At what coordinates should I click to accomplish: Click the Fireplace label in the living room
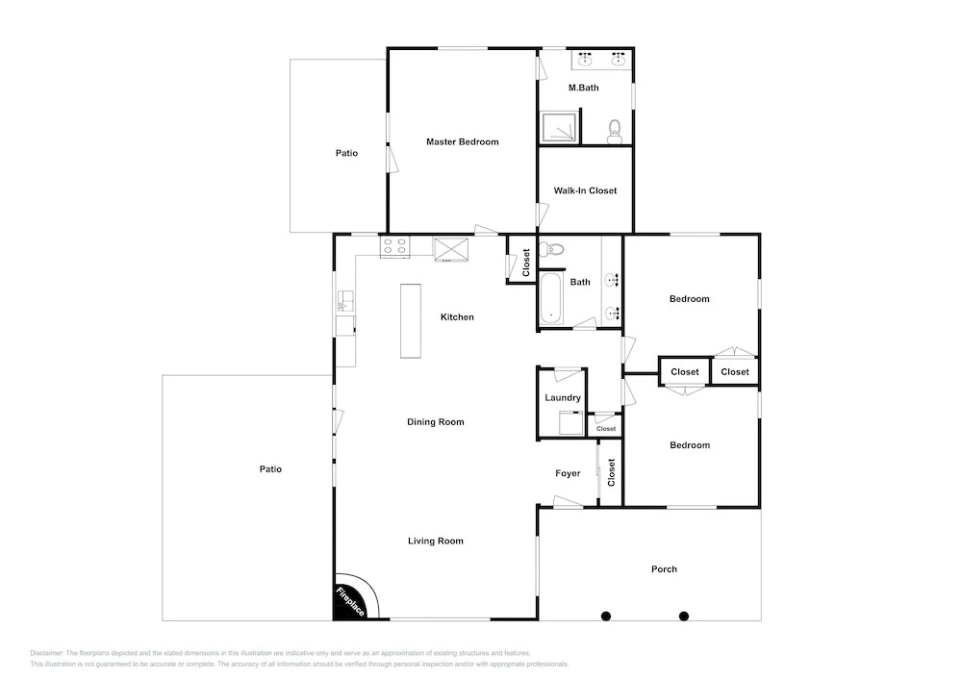point(350,601)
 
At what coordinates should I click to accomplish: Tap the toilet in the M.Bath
point(614,131)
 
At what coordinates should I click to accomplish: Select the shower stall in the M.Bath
point(558,127)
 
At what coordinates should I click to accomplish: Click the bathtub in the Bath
point(550,298)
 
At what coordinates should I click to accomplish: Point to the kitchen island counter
point(411,320)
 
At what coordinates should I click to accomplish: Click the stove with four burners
point(394,246)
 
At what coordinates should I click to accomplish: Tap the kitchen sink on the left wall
point(344,302)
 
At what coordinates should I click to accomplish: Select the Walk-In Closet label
point(585,190)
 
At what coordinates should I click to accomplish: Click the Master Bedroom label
point(462,141)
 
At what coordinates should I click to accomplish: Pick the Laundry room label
point(563,398)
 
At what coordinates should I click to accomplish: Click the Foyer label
point(568,473)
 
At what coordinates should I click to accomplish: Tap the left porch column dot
point(605,617)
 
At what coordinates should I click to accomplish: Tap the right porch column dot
point(683,617)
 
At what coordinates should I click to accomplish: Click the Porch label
point(664,569)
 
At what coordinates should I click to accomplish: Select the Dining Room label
point(435,422)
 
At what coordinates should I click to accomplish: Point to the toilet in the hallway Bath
point(551,249)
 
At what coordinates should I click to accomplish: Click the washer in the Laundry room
point(571,422)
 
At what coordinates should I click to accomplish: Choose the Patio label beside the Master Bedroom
point(346,153)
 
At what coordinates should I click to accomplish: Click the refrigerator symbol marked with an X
point(451,249)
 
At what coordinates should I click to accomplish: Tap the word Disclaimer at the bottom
point(46,653)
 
